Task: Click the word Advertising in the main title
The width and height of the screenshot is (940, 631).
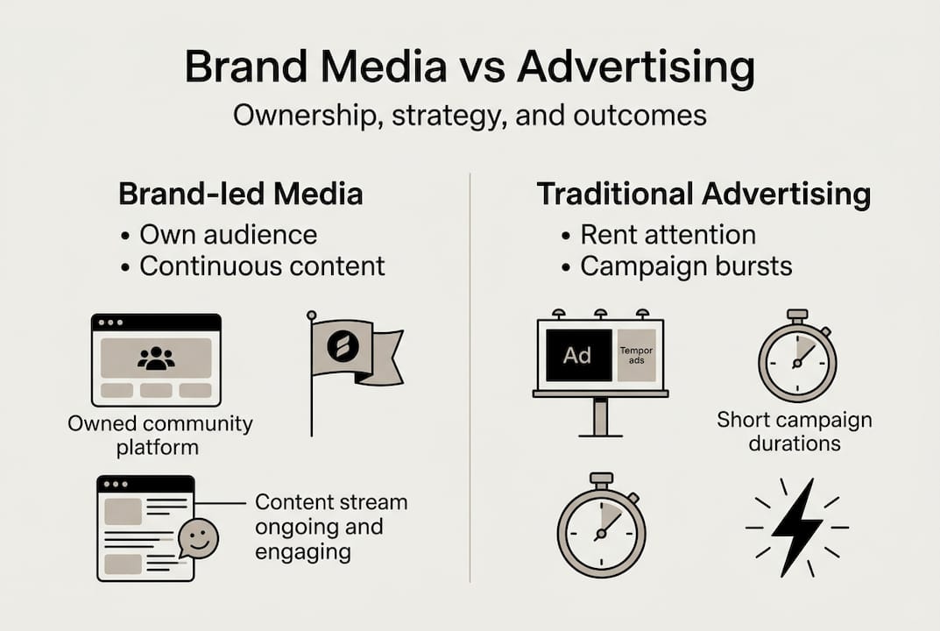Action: coord(635,67)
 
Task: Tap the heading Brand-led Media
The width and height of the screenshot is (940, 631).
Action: coord(240,194)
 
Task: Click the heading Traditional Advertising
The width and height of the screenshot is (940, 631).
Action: coord(703,194)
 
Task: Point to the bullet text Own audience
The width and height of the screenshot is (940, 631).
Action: coord(229,235)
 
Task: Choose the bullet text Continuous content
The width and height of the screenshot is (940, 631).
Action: coord(262,266)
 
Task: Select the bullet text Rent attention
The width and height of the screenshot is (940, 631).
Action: coord(668,235)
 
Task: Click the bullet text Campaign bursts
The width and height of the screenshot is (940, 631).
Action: coord(686,266)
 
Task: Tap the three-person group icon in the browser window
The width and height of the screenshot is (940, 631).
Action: coord(156,358)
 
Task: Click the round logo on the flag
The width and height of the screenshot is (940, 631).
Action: coord(343,346)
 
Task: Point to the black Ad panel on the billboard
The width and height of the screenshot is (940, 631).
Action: coord(578,355)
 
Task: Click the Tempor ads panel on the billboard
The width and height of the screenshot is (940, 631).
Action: coord(637,355)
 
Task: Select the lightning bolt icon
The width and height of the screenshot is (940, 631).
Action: coord(797,528)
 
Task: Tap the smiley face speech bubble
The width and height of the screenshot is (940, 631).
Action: coord(199,538)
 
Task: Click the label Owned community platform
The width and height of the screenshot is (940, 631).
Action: coord(159,436)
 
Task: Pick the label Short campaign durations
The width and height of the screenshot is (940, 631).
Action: coord(795,431)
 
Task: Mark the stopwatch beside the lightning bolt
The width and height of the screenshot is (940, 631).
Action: coord(601,525)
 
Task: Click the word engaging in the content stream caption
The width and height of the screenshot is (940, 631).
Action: coord(303,552)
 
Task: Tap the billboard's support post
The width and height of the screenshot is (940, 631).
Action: coord(601,417)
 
